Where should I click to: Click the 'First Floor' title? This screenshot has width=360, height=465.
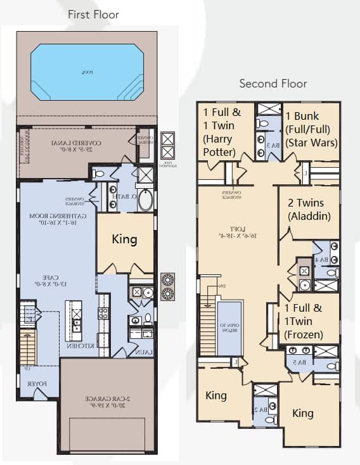tap(93, 14)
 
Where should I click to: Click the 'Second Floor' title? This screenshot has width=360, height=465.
tap(273, 84)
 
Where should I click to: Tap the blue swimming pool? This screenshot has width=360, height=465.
tap(87, 72)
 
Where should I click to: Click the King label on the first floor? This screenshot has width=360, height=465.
tap(125, 240)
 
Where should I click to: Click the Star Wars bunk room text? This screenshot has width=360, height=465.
tap(311, 130)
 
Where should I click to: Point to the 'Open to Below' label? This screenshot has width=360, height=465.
tap(229, 329)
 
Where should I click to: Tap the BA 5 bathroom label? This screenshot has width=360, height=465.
tap(297, 362)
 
